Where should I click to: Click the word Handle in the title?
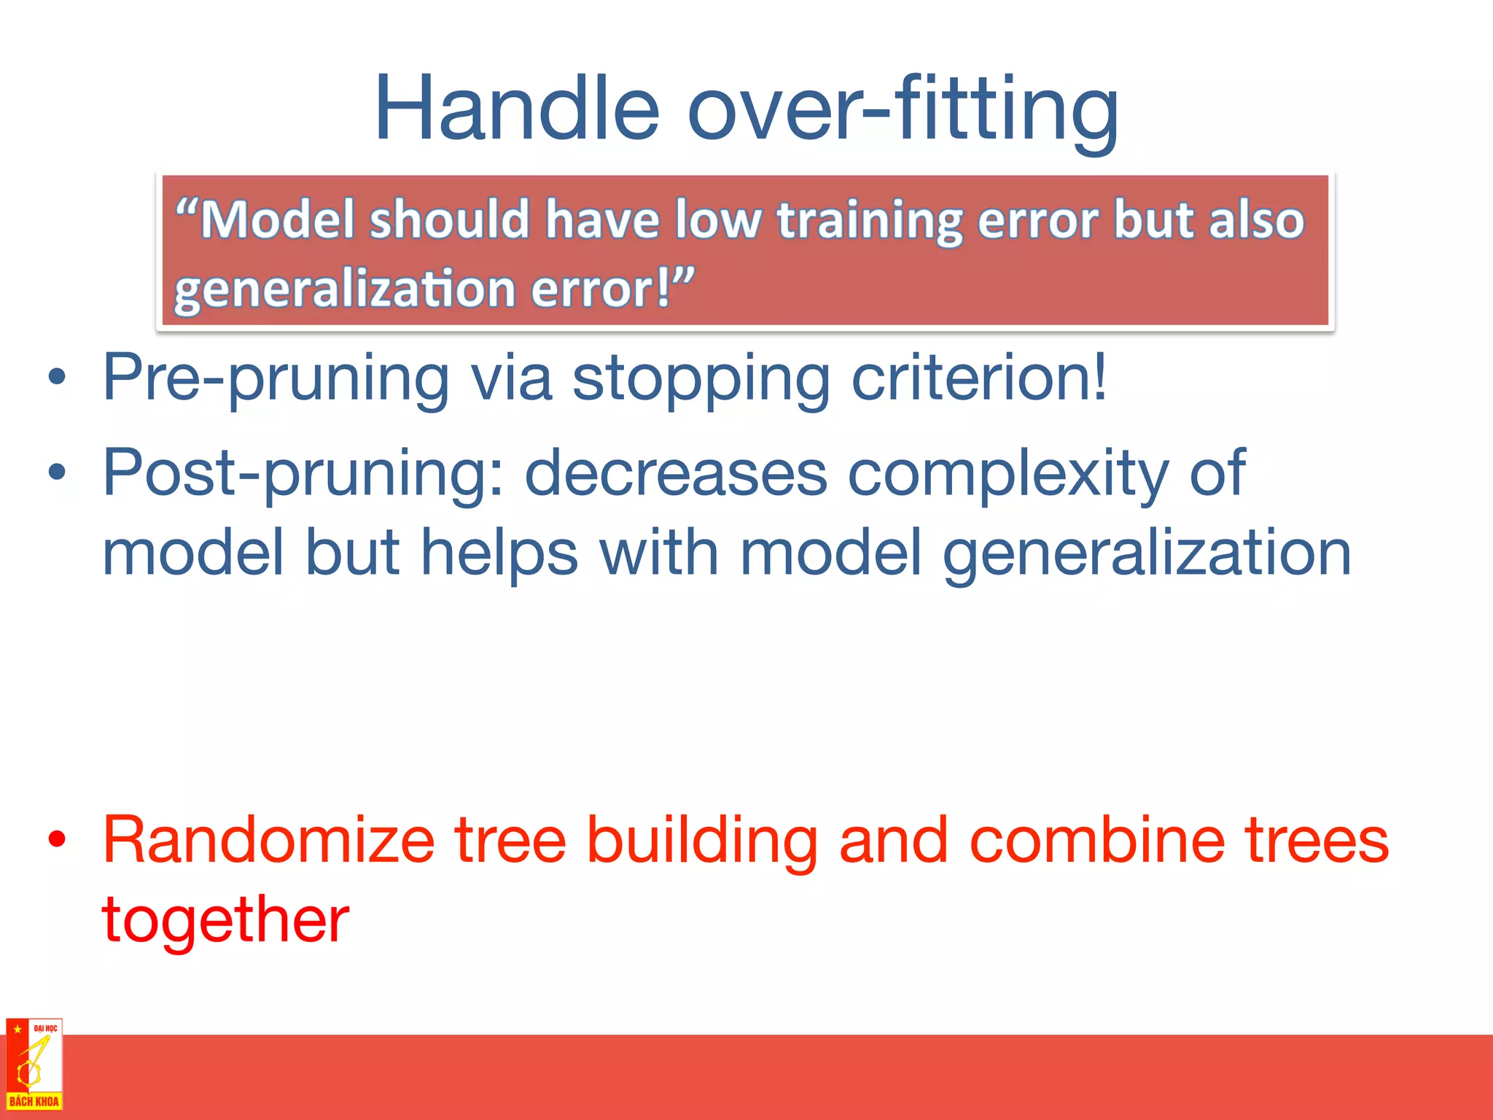tap(516, 109)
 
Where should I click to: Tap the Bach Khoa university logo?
tap(34, 1064)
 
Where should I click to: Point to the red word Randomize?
tap(268, 840)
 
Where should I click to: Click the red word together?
tap(225, 921)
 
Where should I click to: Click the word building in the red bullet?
tap(702, 840)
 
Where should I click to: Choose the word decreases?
tap(676, 473)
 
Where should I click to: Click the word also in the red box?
tap(1256, 219)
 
